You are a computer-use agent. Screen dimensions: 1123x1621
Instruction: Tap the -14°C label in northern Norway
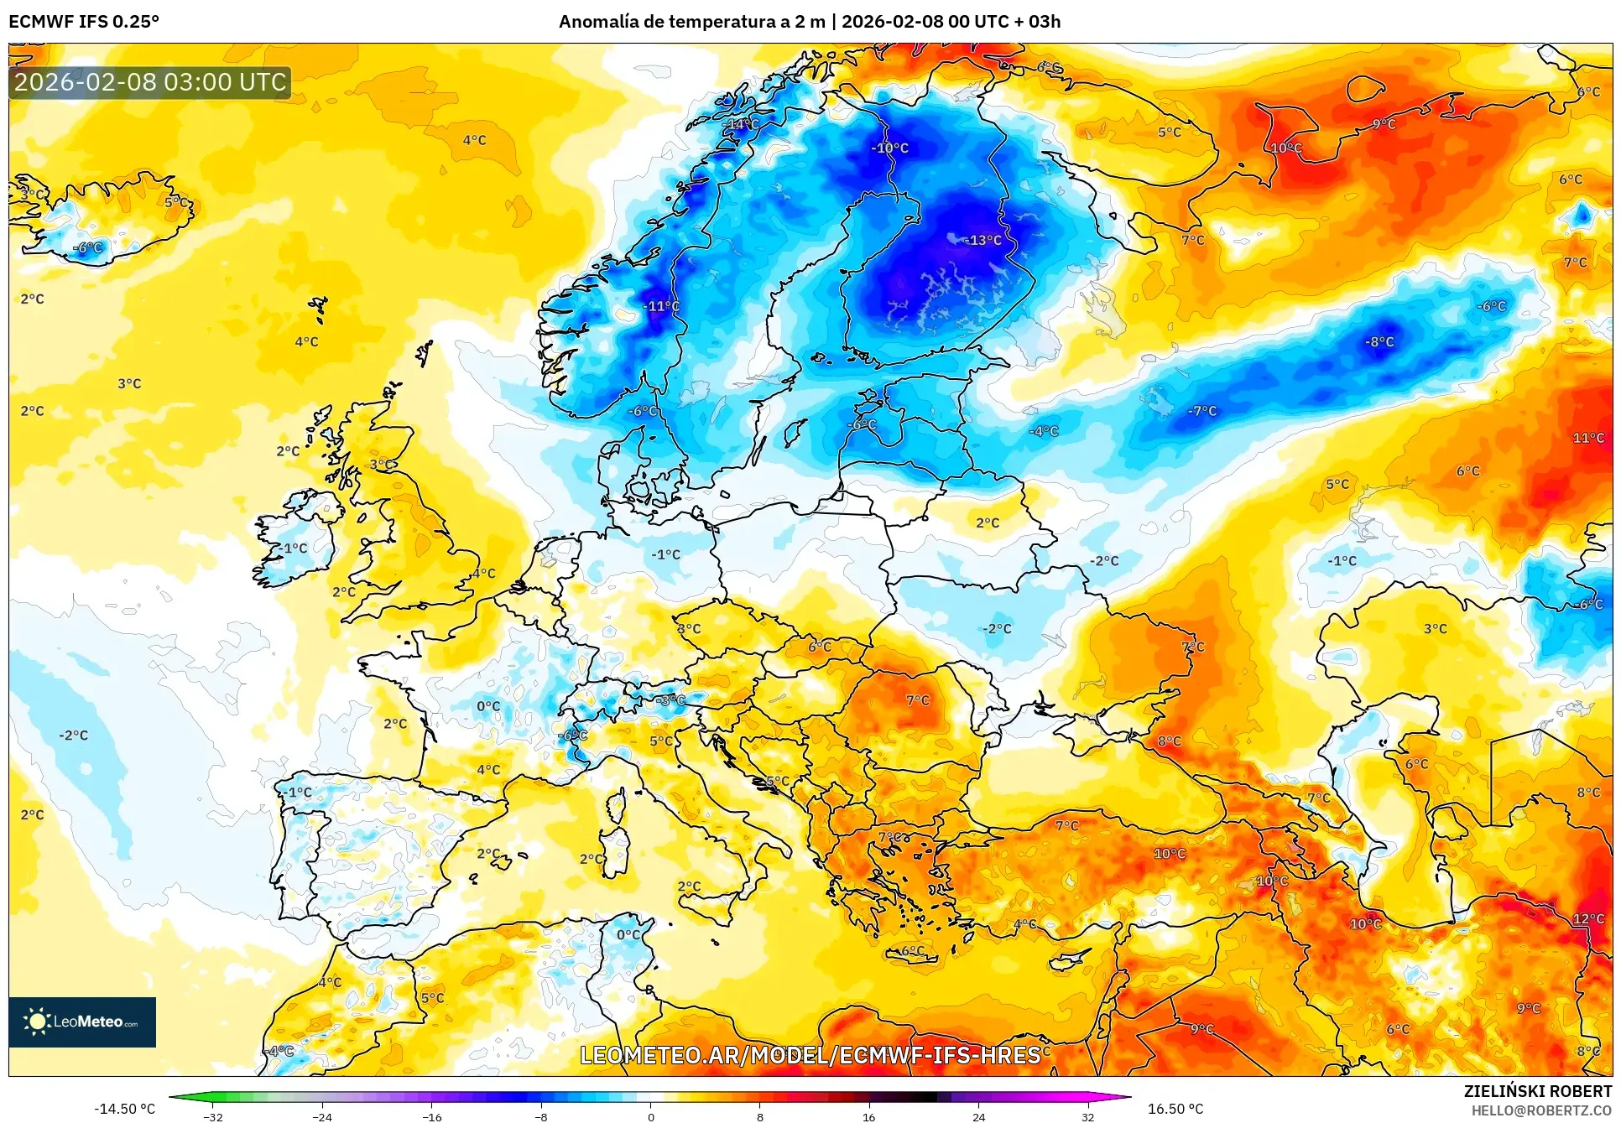(x=741, y=124)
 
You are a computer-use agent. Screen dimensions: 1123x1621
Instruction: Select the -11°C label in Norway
(x=661, y=306)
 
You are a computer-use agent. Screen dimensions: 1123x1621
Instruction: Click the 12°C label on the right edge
(x=1588, y=918)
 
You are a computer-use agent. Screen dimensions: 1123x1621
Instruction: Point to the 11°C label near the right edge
(x=1588, y=438)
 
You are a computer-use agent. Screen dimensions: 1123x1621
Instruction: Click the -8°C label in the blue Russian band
(x=1379, y=341)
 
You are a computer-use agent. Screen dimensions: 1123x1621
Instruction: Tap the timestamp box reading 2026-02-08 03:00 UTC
(x=150, y=82)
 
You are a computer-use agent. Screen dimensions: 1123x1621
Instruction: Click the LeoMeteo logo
(x=82, y=1022)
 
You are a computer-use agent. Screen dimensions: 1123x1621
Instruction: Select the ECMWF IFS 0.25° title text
(x=84, y=22)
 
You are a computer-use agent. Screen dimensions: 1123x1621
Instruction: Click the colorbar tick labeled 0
(x=650, y=1116)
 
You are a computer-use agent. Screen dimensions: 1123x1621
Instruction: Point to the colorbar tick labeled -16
(x=431, y=1116)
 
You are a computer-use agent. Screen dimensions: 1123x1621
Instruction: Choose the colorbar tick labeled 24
(x=978, y=1116)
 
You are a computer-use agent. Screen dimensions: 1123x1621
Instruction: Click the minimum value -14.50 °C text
(x=124, y=1109)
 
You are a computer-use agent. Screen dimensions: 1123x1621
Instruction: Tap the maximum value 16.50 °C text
(x=1175, y=1109)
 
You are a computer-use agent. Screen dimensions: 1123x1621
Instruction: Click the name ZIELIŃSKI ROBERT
(x=1537, y=1091)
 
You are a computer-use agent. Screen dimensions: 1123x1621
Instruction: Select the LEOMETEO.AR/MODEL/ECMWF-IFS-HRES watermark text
(x=810, y=1055)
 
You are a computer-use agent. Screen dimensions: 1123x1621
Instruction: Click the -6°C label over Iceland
(x=87, y=247)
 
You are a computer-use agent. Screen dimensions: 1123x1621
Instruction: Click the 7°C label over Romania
(x=917, y=699)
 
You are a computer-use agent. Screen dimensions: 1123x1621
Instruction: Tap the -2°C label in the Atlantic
(x=73, y=736)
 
